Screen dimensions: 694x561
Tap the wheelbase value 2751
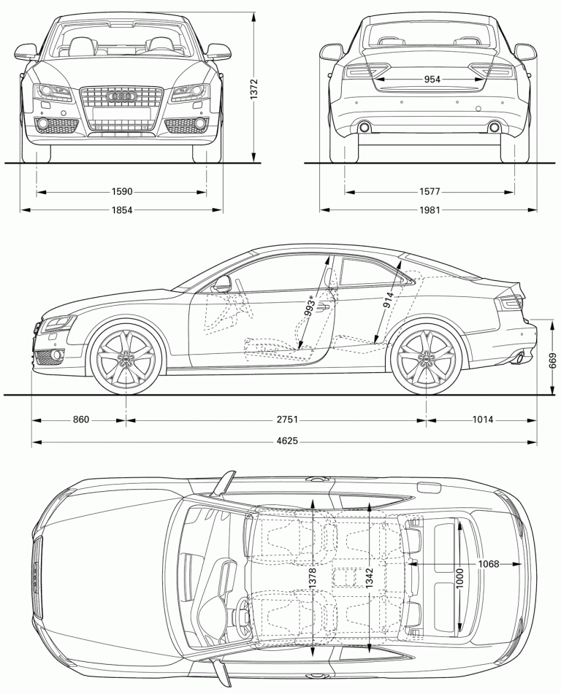pos(286,420)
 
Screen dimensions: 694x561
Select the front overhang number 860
pos(80,420)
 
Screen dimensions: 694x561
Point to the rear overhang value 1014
pos(482,420)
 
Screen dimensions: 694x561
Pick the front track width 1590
pos(122,192)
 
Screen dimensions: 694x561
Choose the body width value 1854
pos(122,210)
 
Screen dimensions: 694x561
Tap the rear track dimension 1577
pos(431,192)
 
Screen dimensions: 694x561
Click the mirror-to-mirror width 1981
pos(431,210)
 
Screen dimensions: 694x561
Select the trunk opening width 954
pos(431,80)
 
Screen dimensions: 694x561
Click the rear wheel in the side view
pos(427,358)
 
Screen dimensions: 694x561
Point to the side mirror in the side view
pos(221,283)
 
